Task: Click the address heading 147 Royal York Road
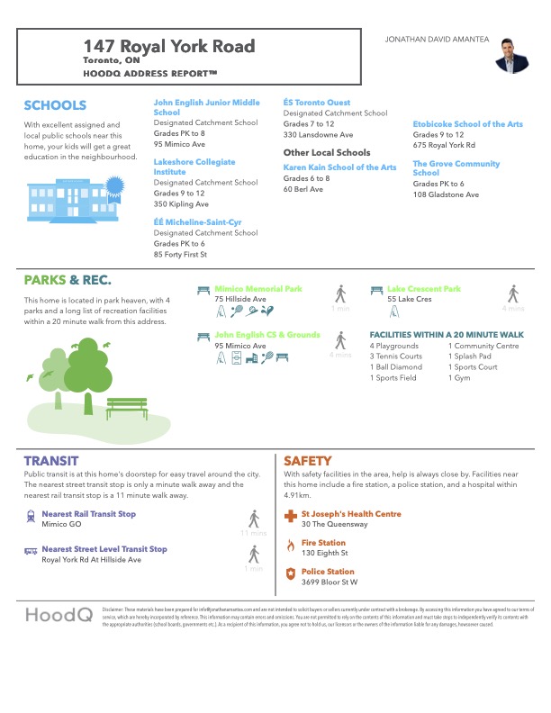click(169, 46)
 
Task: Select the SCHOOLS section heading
click(55, 105)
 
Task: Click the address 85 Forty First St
click(180, 255)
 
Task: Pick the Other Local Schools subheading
click(327, 153)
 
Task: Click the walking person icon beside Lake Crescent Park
click(512, 293)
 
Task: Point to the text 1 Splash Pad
click(470, 356)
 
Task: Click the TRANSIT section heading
click(51, 460)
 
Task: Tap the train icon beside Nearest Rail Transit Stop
click(32, 517)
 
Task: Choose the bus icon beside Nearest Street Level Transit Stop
click(32, 549)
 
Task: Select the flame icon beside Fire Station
click(290, 546)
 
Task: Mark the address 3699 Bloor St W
click(330, 582)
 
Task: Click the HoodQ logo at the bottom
click(58, 616)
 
